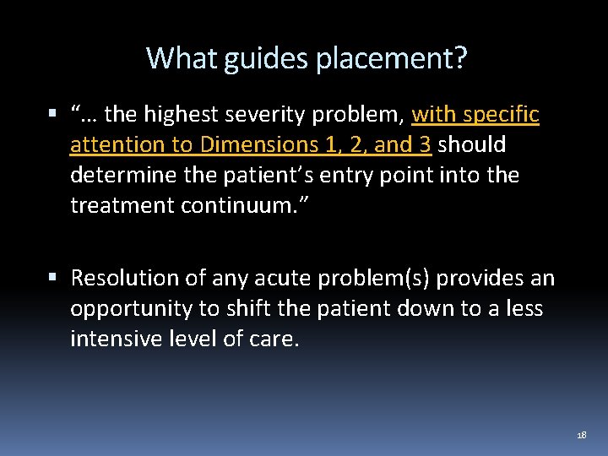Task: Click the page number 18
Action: (581, 435)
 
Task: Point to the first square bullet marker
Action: (53, 112)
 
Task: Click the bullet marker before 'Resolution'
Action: (53, 276)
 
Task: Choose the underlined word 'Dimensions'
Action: (258, 144)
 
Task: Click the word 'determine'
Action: (124, 176)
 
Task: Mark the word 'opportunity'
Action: (131, 309)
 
